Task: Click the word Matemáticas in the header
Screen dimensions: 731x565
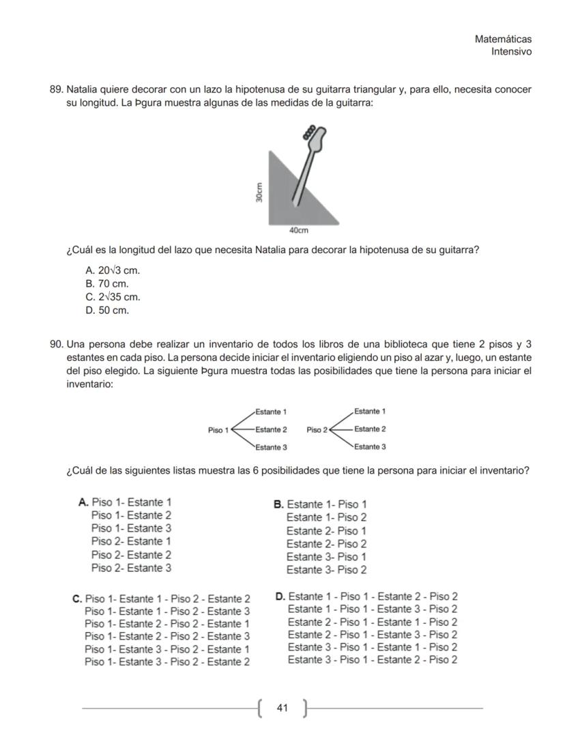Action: (503, 40)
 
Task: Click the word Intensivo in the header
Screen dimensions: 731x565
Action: (511, 52)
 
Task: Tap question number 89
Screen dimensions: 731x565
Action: (57, 90)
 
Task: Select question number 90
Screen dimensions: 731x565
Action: (57, 343)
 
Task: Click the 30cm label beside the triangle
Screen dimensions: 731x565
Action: (259, 192)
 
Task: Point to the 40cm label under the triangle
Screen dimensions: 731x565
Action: (299, 231)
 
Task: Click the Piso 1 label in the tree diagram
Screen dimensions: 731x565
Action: (219, 430)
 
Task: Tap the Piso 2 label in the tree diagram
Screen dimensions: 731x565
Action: (317, 430)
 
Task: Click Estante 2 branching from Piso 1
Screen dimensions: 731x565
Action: (271, 430)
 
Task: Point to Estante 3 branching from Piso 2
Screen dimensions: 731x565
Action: (370, 447)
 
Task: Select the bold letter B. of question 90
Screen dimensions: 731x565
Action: (278, 505)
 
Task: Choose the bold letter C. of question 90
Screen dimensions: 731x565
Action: (77, 599)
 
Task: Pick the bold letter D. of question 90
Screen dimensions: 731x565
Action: (280, 597)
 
